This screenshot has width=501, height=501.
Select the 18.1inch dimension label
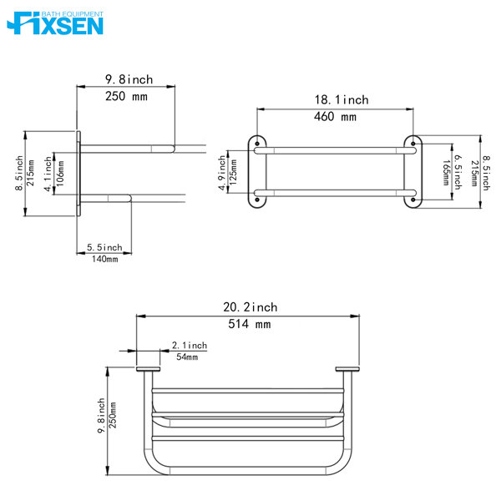341,100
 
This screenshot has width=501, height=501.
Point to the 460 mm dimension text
336,117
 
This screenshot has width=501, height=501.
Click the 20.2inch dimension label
250,307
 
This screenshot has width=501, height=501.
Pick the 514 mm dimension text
250,324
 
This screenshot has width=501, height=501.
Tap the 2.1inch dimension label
189,345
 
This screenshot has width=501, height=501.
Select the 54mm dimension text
186,357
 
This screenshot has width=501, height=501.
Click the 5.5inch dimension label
104,247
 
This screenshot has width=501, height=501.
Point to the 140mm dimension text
104,259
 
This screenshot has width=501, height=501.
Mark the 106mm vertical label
59,176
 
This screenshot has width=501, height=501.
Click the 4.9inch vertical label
222,171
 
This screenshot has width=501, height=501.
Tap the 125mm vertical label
234,171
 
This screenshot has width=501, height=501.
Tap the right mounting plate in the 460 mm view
411,171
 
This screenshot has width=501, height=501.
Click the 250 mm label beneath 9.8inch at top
127,97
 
